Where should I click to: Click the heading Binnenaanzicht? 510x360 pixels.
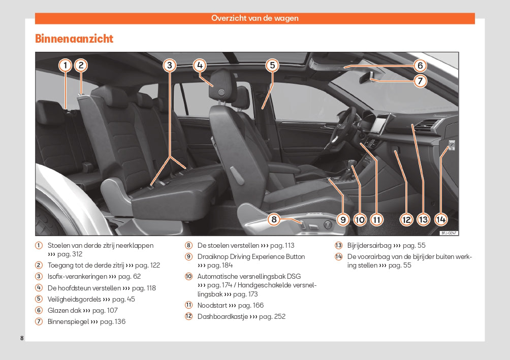click(x=74, y=39)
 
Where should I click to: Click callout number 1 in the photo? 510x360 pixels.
click(x=65, y=65)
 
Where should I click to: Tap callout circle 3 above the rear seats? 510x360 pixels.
click(x=170, y=65)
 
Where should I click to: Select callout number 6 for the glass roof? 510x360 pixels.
click(x=420, y=66)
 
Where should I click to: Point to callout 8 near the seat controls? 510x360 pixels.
click(x=274, y=219)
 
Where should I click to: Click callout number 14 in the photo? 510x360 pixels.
click(x=440, y=219)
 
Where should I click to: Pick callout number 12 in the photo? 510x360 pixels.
click(x=406, y=219)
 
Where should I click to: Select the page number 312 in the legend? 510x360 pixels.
click(x=76, y=254)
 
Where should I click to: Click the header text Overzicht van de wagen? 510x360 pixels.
click(x=255, y=18)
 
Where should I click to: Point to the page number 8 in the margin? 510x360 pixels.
click(x=22, y=338)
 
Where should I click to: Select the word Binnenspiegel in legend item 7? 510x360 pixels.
click(x=68, y=321)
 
